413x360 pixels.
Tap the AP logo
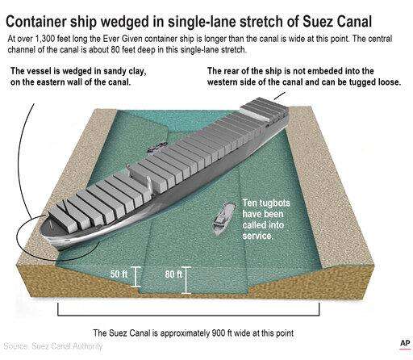(405, 343)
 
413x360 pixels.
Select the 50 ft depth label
(119, 274)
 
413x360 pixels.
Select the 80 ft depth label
(173, 274)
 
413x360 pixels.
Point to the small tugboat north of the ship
(158, 147)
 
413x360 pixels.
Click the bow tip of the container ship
(40, 231)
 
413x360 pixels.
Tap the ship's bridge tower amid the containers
(140, 180)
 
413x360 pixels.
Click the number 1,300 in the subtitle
(45, 39)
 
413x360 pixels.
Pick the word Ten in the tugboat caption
(249, 203)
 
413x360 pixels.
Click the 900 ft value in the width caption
(222, 333)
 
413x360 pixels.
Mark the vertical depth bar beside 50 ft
(136, 277)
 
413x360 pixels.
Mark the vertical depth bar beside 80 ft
(186, 280)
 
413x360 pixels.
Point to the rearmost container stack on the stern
(265, 107)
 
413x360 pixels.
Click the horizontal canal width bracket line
(189, 315)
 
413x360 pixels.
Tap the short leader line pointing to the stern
(279, 96)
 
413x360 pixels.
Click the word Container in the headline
(36, 22)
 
